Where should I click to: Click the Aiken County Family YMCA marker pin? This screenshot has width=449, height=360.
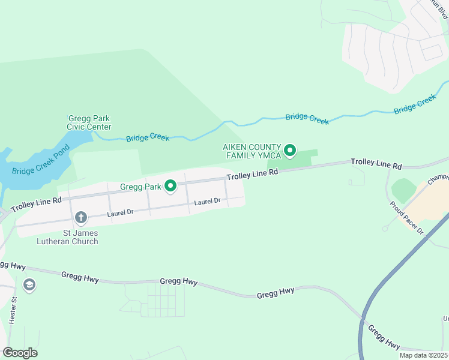tap(290, 150)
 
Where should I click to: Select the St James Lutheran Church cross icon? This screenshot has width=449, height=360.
tap(81, 217)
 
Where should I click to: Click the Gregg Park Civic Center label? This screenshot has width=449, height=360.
tap(89, 122)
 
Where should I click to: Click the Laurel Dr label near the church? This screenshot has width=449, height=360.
tap(120, 213)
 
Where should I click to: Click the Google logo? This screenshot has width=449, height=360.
tap(20, 353)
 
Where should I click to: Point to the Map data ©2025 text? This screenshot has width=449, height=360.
tap(423, 355)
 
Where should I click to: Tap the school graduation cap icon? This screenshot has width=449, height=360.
tap(29, 284)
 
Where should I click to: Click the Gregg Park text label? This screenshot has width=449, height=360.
tap(140, 187)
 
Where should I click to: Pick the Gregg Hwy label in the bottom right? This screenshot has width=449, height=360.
tap(384, 337)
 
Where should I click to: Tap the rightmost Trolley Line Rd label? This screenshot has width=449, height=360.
tap(376, 163)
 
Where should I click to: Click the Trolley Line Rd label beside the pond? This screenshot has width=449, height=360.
tap(36, 203)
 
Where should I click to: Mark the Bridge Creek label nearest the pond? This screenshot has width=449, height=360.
tap(148, 139)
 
